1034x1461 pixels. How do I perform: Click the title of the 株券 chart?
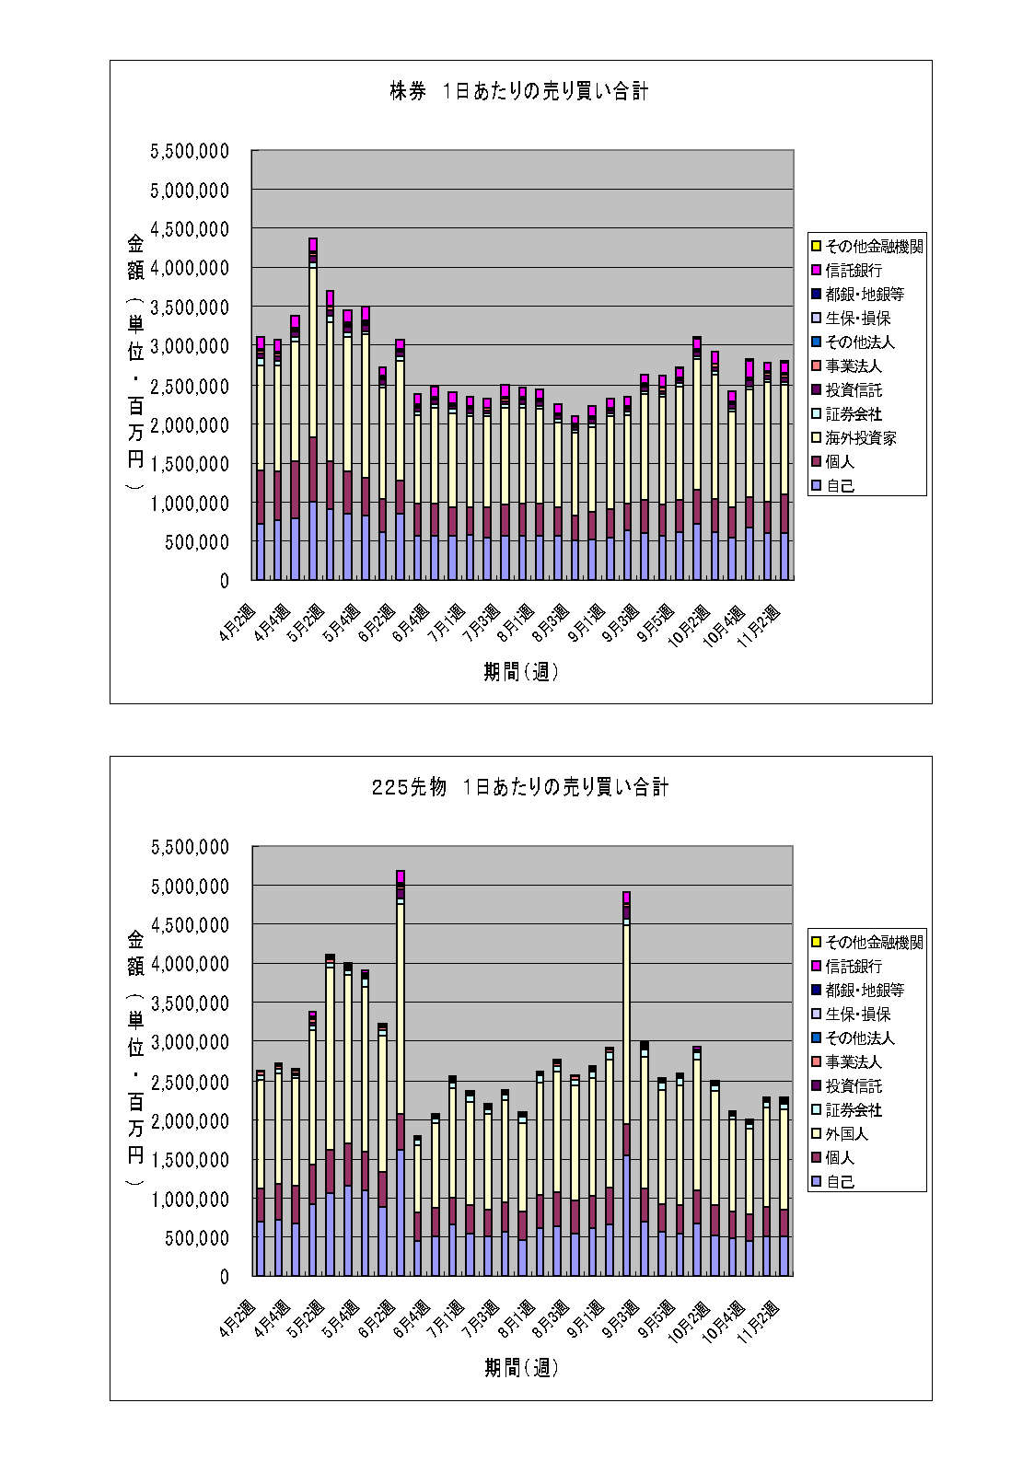click(518, 91)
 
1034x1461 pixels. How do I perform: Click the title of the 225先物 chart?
click(519, 787)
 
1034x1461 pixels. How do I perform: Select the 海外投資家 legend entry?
click(860, 438)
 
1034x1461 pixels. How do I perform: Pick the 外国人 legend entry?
click(846, 1134)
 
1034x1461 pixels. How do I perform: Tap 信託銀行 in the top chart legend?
click(854, 271)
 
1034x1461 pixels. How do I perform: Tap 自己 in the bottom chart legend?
click(840, 1182)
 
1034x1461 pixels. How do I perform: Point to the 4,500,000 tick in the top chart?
click(190, 229)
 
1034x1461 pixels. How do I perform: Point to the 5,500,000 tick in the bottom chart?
click(190, 847)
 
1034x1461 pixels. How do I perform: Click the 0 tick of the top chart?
click(224, 581)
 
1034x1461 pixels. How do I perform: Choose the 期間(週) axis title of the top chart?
click(521, 672)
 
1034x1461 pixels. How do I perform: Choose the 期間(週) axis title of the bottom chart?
click(521, 1368)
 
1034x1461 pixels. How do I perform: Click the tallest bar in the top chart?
click(313, 414)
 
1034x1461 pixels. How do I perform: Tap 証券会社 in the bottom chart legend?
click(854, 1110)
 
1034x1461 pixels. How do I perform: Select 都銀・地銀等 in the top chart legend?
click(865, 295)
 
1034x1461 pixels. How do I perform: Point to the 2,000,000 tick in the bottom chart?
click(190, 1121)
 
